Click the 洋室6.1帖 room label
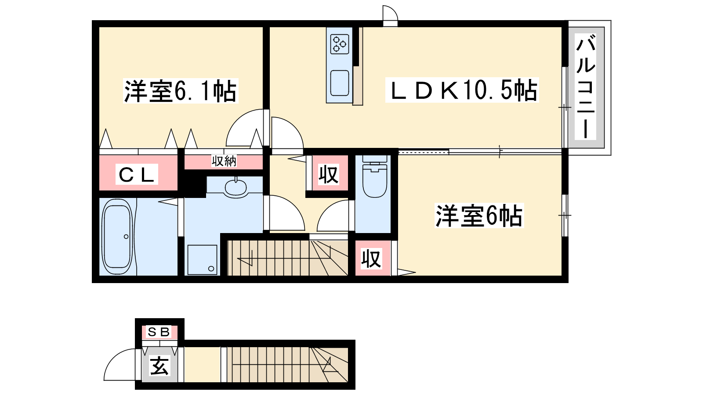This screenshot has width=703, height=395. tap(181, 91)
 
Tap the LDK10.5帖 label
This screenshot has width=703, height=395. tap(462, 90)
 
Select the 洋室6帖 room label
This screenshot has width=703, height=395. tap(479, 215)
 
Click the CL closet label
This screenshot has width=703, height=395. tap(137, 174)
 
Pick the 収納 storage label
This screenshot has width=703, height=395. tap(224, 161)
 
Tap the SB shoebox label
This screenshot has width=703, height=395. tap(159, 332)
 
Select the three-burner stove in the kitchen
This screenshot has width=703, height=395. tap(340, 43)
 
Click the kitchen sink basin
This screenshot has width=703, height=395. tap(340, 83)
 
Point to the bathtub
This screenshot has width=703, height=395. tap(117, 236)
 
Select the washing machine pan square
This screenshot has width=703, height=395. tap(203, 260)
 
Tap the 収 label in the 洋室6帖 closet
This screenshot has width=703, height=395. tap(371, 259)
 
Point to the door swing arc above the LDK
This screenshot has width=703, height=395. tap(390, 13)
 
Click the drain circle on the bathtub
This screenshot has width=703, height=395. tap(126, 237)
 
